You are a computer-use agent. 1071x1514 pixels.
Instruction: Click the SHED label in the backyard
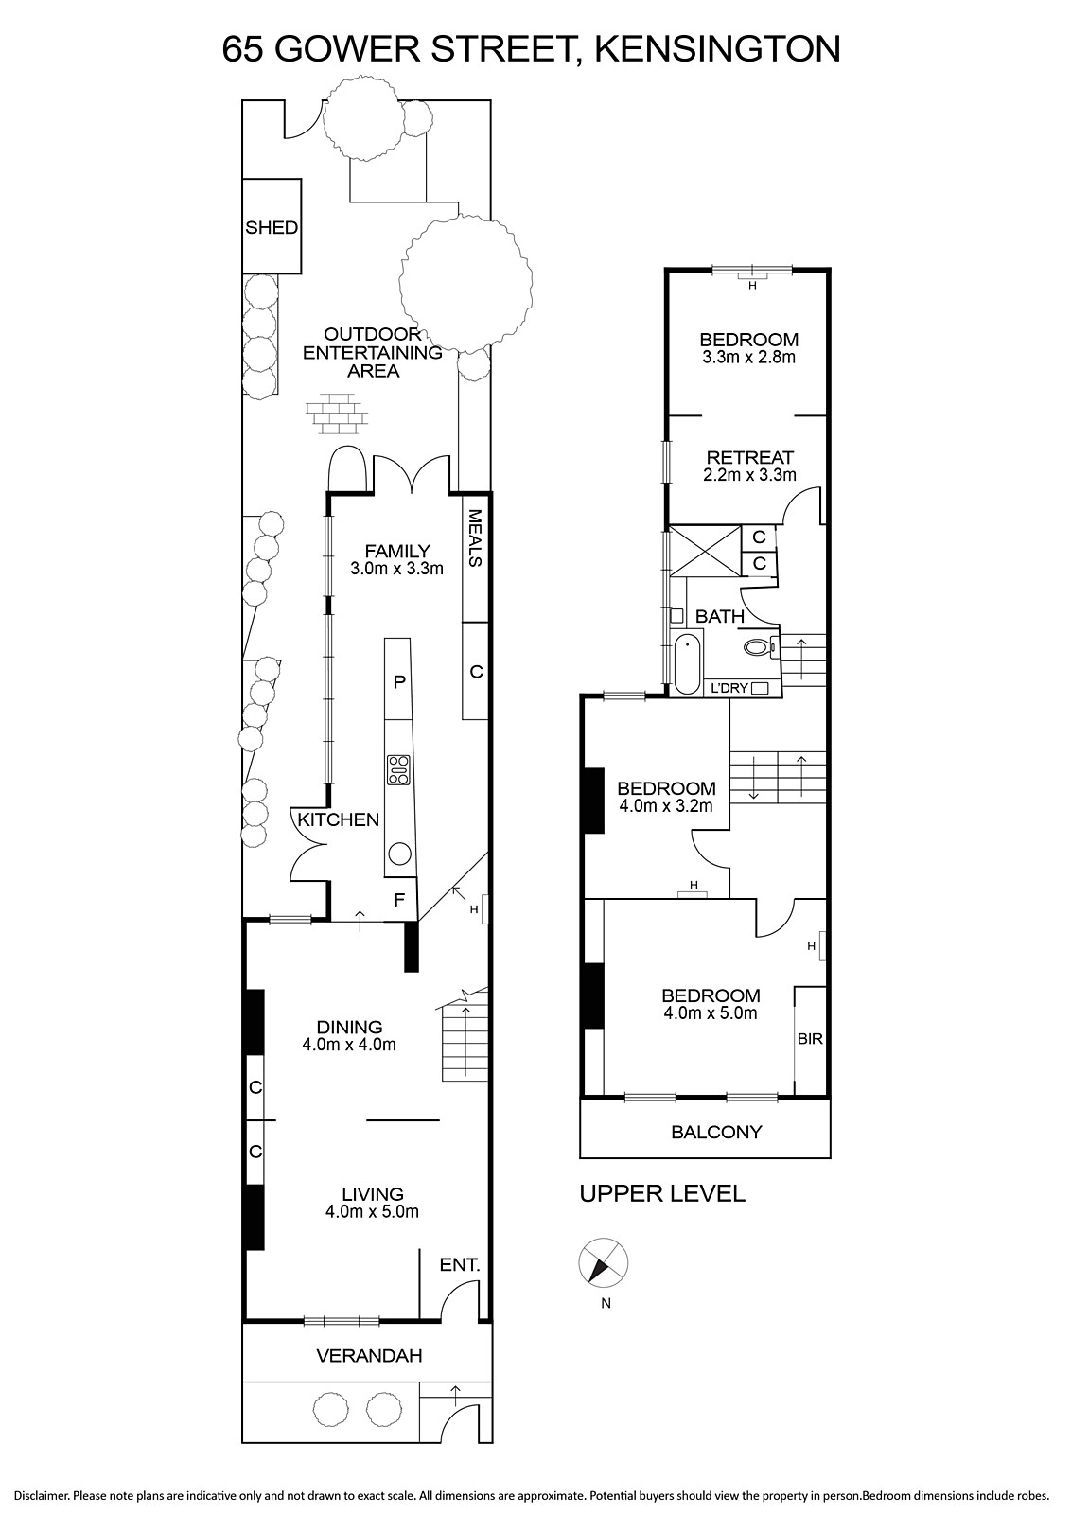coord(272,228)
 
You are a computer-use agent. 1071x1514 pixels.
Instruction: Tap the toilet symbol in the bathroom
coord(760,647)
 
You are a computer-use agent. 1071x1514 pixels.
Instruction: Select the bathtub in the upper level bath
coord(687,663)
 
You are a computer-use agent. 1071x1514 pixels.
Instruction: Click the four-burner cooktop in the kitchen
coord(398,769)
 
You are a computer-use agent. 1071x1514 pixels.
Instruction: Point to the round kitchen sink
coord(400,854)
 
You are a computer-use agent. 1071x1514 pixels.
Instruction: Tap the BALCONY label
coord(716,1132)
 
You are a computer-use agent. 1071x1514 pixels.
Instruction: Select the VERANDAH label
coord(369,1355)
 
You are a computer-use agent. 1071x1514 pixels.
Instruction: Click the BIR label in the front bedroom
coord(810,1038)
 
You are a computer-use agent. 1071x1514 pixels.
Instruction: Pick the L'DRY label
coord(729,688)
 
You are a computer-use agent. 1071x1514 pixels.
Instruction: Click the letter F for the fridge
coord(399,900)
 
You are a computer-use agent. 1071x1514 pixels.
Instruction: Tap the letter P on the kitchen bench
coord(399,681)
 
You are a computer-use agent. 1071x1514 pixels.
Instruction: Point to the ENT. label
coord(460,1264)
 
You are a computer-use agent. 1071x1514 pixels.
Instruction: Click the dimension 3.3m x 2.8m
coord(748,358)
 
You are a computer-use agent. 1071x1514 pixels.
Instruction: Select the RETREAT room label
coord(749,458)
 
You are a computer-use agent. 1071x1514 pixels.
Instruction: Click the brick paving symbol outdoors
coord(337,413)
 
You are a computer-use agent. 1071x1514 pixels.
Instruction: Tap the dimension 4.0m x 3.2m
coord(666,805)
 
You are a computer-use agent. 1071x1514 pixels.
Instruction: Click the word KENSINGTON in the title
coord(717,49)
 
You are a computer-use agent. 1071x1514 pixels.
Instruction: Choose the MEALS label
coord(474,538)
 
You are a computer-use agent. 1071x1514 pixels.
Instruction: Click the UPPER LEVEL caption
coord(662,1193)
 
